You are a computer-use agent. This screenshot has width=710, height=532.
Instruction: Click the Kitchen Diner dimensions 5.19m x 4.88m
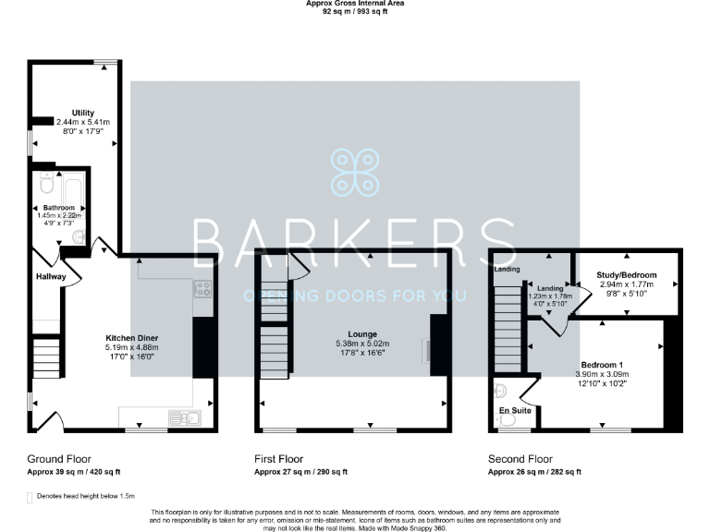131,347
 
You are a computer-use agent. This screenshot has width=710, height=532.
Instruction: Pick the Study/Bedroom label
627,275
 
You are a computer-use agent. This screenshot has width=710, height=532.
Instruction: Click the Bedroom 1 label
602,364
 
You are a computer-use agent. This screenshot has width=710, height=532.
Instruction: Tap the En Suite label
515,409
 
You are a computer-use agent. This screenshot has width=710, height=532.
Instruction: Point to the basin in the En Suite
500,389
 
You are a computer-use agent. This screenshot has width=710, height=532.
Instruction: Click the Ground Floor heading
59,458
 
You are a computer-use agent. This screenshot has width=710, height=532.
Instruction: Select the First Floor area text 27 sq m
300,472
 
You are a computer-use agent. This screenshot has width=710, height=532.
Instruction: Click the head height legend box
31,496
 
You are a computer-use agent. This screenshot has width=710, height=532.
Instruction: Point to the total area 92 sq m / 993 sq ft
355,13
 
